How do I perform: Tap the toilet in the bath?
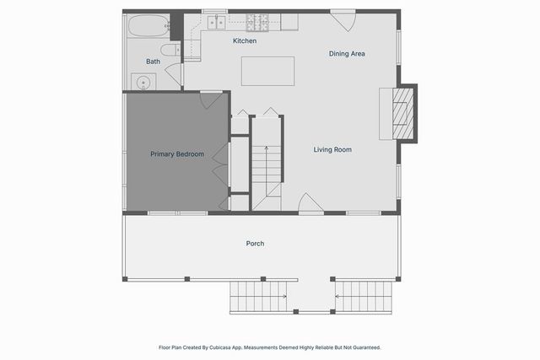171,52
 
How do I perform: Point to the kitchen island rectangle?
267,71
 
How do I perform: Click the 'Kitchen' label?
245,40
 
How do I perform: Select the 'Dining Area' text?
347,54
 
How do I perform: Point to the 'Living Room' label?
332,150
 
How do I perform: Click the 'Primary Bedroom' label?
177,154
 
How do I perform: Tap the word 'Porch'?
255,244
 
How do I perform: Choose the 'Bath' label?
153,62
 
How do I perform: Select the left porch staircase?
257,296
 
